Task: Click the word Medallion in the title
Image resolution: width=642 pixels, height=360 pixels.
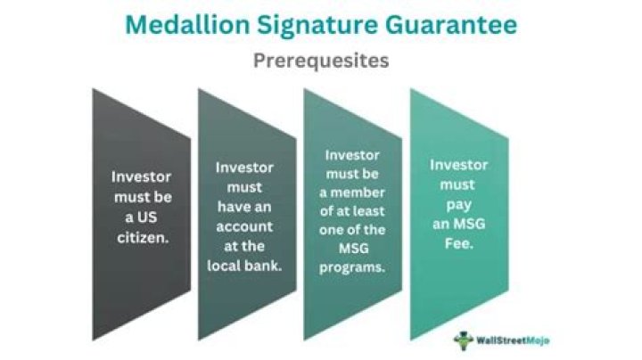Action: point(187,25)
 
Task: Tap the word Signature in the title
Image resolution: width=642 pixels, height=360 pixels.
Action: point(317,26)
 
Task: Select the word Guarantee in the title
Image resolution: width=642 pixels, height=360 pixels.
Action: point(451,25)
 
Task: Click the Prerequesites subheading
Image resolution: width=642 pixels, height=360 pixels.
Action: point(321,61)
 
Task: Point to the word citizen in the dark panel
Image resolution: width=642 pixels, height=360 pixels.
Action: point(142,238)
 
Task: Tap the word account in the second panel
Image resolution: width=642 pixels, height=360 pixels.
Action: point(244,226)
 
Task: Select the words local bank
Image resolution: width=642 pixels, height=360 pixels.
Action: point(244,266)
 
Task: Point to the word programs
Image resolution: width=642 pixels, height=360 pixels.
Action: point(352,268)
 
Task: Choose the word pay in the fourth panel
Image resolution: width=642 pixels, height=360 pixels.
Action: point(458,205)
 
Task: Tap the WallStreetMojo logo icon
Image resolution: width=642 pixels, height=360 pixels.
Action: point(463,340)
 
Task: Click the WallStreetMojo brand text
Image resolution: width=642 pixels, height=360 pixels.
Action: point(513,340)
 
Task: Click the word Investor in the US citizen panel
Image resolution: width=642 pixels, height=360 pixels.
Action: point(141,176)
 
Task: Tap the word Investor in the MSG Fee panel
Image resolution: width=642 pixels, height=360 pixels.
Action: point(458,165)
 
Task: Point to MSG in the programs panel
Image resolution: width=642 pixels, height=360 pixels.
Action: point(354,249)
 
